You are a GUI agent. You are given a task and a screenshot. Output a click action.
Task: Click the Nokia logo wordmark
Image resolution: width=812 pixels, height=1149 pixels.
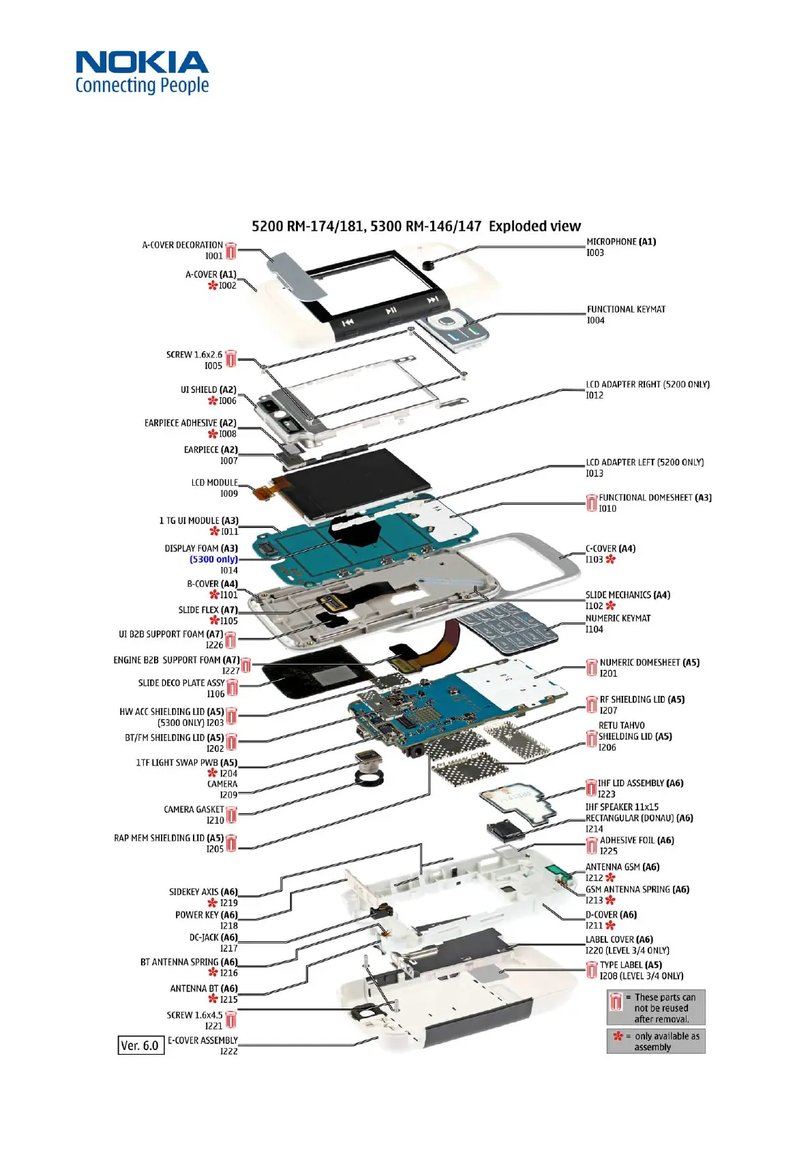pyautogui.click(x=142, y=63)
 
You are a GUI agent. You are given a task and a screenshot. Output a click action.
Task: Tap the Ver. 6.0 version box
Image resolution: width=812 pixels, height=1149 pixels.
pyautogui.click(x=140, y=1045)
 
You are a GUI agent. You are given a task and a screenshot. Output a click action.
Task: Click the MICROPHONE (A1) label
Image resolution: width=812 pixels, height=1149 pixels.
pyautogui.click(x=621, y=242)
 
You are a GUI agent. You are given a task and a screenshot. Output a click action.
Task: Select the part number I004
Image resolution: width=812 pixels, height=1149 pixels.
pyautogui.click(x=595, y=321)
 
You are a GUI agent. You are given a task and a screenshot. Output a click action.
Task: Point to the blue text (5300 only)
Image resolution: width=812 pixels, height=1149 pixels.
pyautogui.click(x=213, y=559)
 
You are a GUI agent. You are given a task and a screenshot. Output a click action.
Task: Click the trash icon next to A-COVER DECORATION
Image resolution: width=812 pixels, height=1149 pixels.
pyautogui.click(x=231, y=250)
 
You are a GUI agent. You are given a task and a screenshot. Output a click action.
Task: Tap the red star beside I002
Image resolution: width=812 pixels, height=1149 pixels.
pyautogui.click(x=213, y=285)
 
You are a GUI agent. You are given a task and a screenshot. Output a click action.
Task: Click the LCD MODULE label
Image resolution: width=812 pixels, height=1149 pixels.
pyautogui.click(x=214, y=482)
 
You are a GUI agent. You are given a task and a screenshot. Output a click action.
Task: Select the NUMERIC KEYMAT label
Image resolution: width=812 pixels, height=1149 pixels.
pyautogui.click(x=618, y=618)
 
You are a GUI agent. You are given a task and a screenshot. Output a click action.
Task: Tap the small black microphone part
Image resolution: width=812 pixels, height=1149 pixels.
pyautogui.click(x=428, y=265)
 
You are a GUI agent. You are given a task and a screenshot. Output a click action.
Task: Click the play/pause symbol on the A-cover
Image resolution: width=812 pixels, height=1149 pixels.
pyautogui.click(x=391, y=311)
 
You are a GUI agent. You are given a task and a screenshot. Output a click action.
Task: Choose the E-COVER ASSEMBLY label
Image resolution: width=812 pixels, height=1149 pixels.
pyautogui.click(x=202, y=1041)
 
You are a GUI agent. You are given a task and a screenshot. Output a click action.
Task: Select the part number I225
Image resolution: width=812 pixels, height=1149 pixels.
pyautogui.click(x=608, y=851)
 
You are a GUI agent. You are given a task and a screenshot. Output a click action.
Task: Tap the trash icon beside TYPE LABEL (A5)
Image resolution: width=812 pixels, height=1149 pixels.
pyautogui.click(x=592, y=970)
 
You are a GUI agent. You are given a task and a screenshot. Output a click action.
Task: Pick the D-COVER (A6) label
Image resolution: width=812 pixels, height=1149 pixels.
pyautogui.click(x=611, y=915)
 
